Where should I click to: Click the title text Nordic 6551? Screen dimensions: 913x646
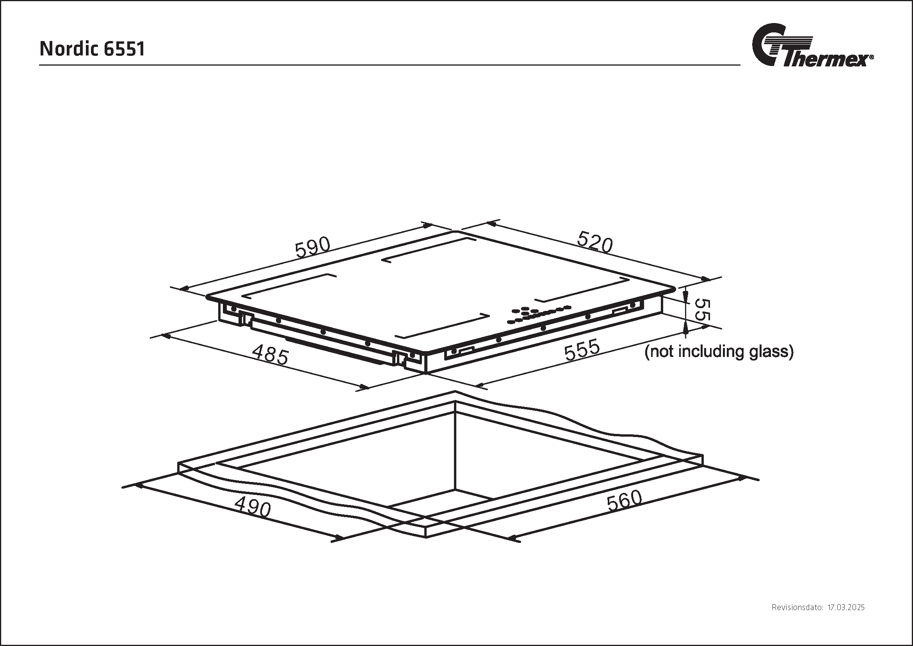click(92, 49)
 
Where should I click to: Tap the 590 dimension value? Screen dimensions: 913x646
click(313, 247)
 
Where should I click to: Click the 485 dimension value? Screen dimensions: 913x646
click(271, 354)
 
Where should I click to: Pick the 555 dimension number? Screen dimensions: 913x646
click(582, 350)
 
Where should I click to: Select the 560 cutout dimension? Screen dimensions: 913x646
click(624, 501)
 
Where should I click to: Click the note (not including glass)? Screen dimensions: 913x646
click(719, 352)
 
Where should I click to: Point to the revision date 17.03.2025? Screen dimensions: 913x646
click(846, 607)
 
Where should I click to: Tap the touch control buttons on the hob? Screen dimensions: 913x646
click(539, 314)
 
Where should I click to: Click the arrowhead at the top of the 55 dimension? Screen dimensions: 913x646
click(685, 297)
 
